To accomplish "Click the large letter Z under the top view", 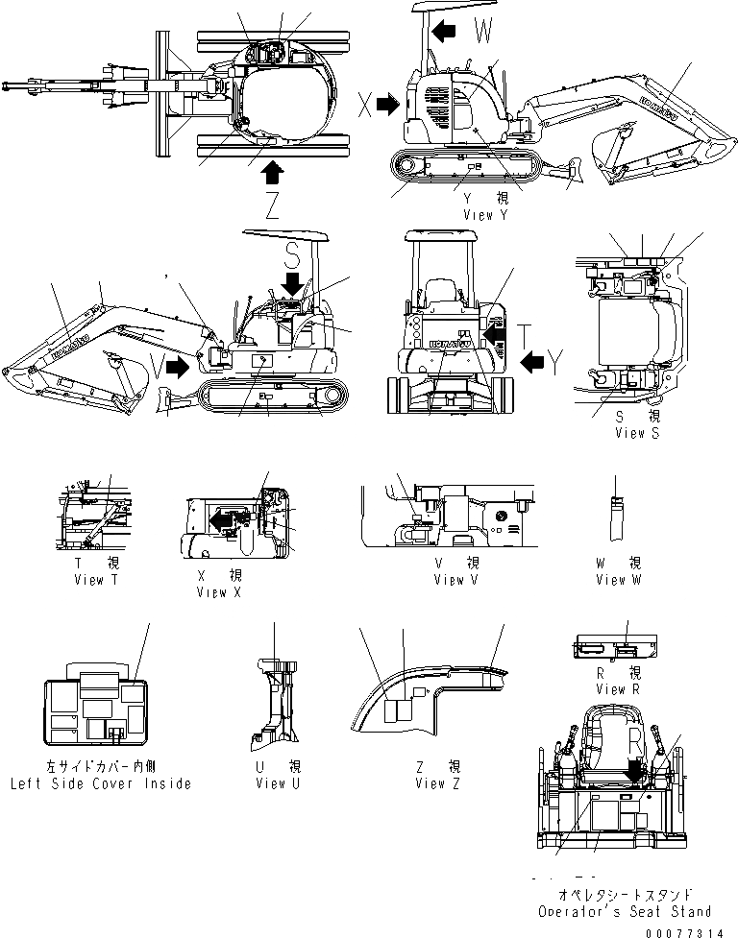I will (x=272, y=206).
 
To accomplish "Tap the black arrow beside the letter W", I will (x=445, y=32).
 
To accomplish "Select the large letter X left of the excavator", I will (x=364, y=105).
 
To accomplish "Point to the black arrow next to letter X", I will (x=388, y=105).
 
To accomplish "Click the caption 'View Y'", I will (x=485, y=215).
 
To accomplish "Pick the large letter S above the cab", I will (x=295, y=254).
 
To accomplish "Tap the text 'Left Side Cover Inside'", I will (x=100, y=783).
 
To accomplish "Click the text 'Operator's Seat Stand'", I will (x=625, y=911).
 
